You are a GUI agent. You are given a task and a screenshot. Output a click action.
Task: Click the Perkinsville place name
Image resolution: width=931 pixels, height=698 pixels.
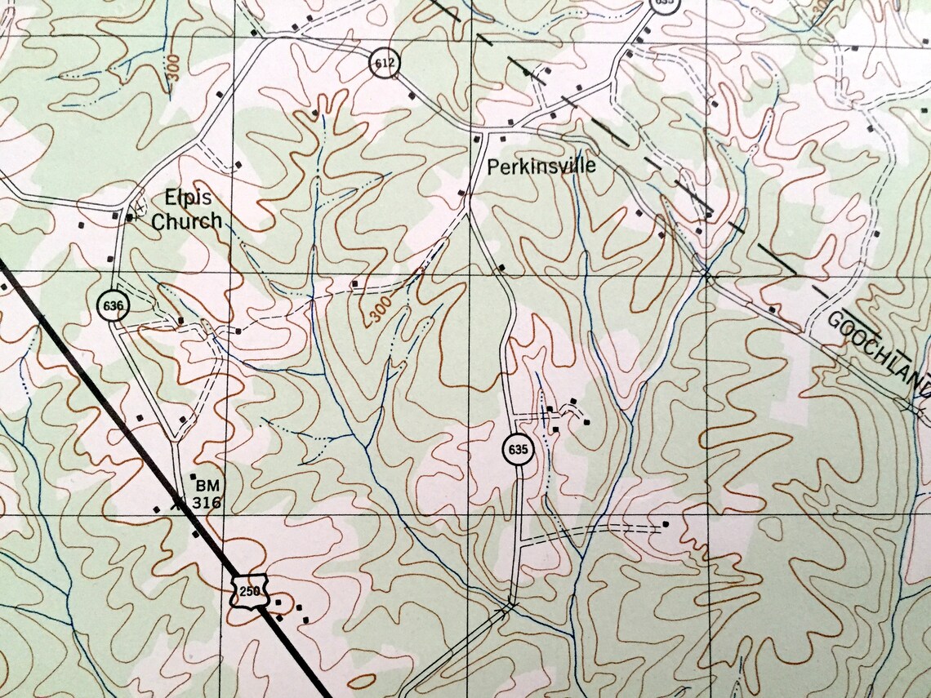(541, 167)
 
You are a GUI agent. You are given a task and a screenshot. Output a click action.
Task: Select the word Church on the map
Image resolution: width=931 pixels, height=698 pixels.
(187, 220)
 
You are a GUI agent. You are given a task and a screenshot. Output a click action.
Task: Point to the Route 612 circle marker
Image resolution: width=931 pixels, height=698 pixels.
(382, 63)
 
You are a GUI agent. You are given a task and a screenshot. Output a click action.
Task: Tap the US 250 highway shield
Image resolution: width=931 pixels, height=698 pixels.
(250, 591)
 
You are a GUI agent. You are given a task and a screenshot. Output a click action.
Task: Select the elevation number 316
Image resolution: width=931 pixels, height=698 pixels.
(207, 503)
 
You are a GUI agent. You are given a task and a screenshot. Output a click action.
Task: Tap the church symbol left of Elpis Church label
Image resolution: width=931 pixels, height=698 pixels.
(130, 217)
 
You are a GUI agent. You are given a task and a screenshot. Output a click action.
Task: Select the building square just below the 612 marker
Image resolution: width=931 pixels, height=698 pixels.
(411, 96)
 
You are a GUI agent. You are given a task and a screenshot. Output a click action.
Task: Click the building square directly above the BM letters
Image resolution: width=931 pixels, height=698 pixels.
(194, 475)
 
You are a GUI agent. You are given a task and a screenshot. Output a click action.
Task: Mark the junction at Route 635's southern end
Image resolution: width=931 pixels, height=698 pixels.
(510, 605)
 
